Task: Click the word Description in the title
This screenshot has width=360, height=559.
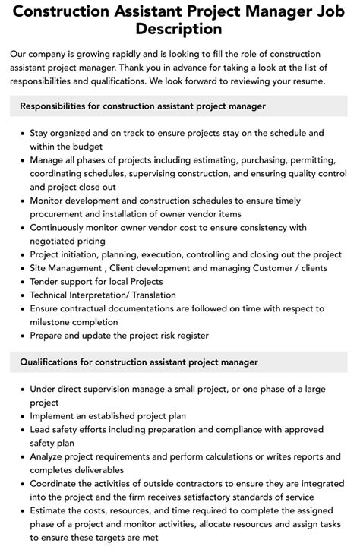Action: coord(179,29)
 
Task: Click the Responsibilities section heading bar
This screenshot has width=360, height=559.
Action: coord(180,106)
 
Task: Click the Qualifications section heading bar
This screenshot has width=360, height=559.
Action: coord(180,362)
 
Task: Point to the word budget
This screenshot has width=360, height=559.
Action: coord(87,146)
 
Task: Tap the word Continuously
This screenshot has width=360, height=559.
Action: coord(64,227)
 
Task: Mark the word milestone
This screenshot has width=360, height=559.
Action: coord(53,322)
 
